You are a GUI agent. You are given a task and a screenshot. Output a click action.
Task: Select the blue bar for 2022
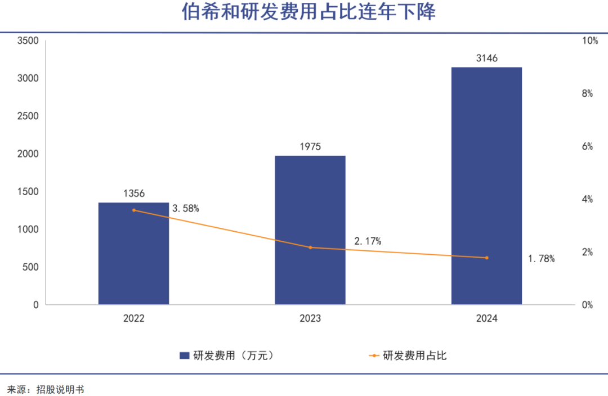pos(133,253)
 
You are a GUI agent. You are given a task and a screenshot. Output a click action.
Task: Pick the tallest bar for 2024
pos(486,186)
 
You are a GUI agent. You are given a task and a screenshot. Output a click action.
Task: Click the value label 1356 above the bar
pos(133,193)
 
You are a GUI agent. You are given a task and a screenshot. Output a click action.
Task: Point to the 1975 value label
pos(310,147)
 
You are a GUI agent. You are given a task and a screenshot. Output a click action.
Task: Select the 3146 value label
pos(486,58)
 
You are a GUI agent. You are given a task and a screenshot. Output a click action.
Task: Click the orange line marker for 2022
pos(134,210)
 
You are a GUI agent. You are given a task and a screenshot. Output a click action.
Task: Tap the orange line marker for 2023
pos(310,247)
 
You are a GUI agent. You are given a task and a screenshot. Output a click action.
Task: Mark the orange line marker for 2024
pos(487,258)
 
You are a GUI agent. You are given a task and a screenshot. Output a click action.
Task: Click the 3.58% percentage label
pos(186,209)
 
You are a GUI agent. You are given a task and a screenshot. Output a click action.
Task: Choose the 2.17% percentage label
pos(368,241)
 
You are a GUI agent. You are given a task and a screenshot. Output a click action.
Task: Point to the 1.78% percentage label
pos(541,259)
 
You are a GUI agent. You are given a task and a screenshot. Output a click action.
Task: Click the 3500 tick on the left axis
pos(28,40)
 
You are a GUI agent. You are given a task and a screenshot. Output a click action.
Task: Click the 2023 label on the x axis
pos(310,318)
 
